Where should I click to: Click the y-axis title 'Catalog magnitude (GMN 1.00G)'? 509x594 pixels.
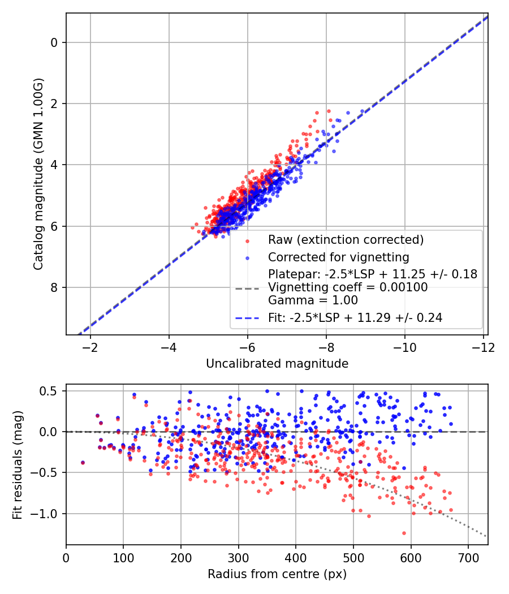tap(38, 174)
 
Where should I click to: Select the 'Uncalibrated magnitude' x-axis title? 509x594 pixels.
tap(277, 363)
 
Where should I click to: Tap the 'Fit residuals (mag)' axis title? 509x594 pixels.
tap(18, 464)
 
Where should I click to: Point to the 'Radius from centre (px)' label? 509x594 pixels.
tap(277, 574)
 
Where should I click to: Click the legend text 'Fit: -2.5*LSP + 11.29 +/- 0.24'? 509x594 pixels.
tap(355, 318)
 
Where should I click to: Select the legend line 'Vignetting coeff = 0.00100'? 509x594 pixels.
tap(347, 287)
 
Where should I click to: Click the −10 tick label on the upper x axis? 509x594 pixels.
tap(404, 346)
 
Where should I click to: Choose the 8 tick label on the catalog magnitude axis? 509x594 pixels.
tap(54, 287)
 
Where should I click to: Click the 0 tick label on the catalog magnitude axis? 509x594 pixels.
tap(54, 42)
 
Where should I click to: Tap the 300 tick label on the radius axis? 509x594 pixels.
tap(238, 557)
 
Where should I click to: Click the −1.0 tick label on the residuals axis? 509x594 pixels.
tap(48, 514)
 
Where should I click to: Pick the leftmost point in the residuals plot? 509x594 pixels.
tap(83, 462)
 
